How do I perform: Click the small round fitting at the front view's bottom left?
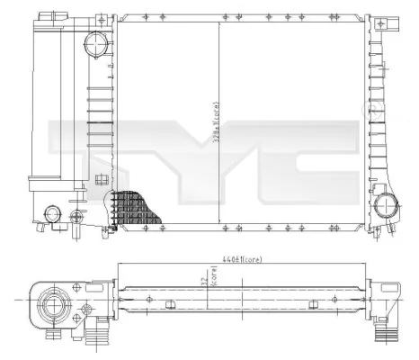pos(54,214)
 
